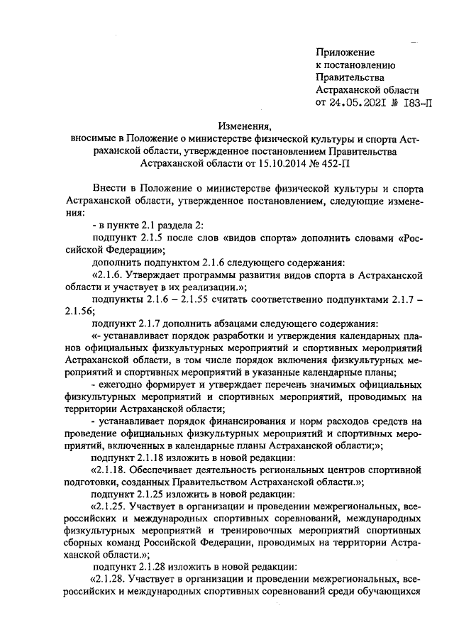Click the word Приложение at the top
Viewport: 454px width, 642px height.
click(x=345, y=52)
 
